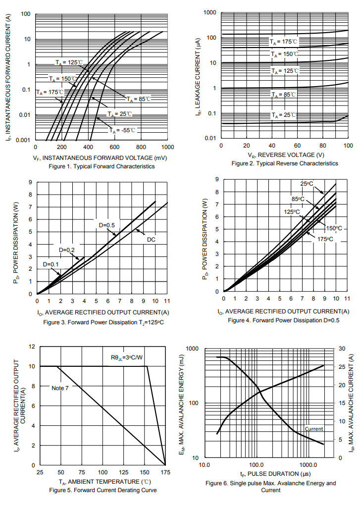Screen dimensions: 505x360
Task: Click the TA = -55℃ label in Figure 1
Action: pyautogui.click(x=122, y=130)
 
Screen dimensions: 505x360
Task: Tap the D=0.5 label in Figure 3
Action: pyautogui.click(x=106, y=225)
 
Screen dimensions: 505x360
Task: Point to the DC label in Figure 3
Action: pyautogui.click(x=152, y=240)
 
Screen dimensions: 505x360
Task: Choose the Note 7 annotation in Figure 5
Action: pyautogui.click(x=60, y=388)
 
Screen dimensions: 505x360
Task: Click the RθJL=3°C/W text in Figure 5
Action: pyautogui.click(x=127, y=357)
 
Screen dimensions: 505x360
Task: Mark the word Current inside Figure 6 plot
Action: pyautogui.click(x=314, y=429)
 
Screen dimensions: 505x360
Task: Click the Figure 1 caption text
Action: pyautogui.click(x=102, y=166)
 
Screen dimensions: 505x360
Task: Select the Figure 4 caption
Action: pyautogui.click(x=284, y=320)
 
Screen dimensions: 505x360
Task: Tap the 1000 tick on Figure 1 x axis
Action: pyautogui.click(x=167, y=148)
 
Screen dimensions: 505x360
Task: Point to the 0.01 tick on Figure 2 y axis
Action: pyautogui.click(x=210, y=138)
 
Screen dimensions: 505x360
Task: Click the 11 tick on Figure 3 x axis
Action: pyautogui.click(x=167, y=301)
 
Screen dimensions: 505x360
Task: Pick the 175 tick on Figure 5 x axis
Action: pyautogui.click(x=165, y=472)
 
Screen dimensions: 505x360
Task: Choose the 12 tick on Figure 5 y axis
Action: pyautogui.click(x=32, y=347)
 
